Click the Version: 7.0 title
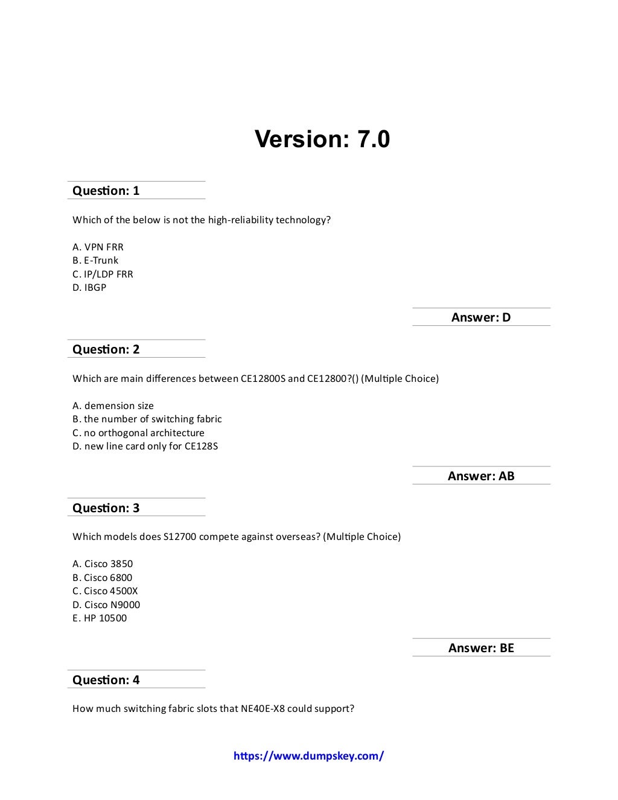[x=322, y=139]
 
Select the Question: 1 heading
[x=106, y=191]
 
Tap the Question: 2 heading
[x=106, y=349]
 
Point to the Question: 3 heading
[x=106, y=508]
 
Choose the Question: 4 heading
[x=106, y=680]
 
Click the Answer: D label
[x=481, y=317]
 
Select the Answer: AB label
[x=481, y=476]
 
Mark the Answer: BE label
[x=481, y=648]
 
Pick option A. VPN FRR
[x=98, y=247]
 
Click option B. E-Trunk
[x=95, y=261]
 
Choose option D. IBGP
[x=89, y=288]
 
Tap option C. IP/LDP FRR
[x=103, y=274]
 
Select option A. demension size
[x=113, y=405]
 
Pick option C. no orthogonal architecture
[x=138, y=433]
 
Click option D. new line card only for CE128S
[x=145, y=446]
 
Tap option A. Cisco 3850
[x=103, y=564]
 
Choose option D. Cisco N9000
[x=106, y=605]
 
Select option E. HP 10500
[x=100, y=618]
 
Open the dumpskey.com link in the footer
[x=308, y=756]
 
